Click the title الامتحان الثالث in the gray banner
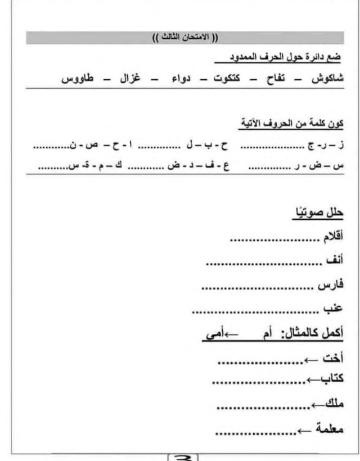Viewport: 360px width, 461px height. (185, 38)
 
